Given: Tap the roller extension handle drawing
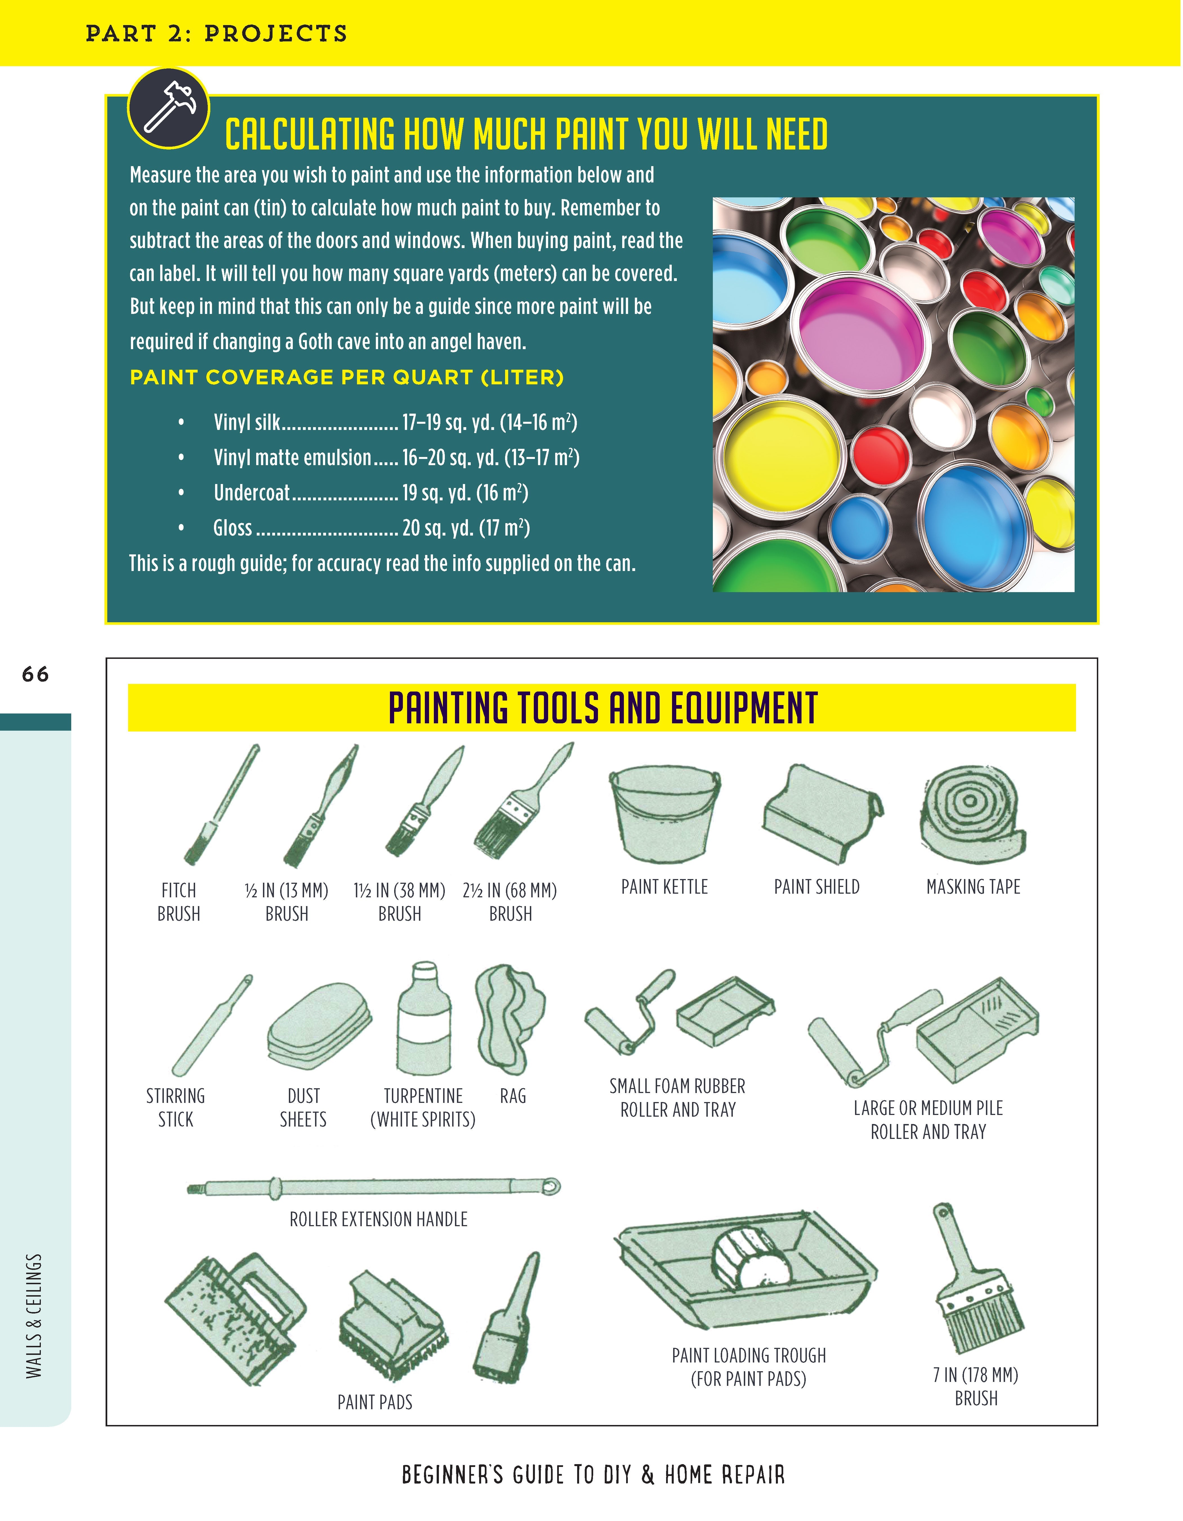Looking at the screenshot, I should tap(374, 1186).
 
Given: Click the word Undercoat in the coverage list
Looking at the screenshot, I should tap(251, 493).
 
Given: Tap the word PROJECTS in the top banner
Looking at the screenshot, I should tap(276, 34).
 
